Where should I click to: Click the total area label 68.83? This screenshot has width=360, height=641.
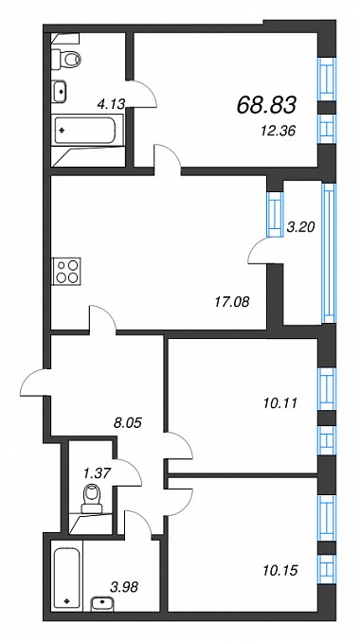pos(266,106)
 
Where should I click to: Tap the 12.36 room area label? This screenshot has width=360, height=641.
pos(279,132)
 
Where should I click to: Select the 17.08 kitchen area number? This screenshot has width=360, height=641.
pos(232,302)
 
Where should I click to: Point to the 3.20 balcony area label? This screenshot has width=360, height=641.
pos(300,227)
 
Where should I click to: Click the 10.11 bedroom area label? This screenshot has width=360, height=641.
pos(279,404)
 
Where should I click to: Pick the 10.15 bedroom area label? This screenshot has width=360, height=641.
pos(279,569)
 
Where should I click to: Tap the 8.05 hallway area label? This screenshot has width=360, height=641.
pos(127,422)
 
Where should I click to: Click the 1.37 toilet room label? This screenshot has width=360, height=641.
pos(97,473)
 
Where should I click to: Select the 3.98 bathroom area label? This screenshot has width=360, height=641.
pos(124,587)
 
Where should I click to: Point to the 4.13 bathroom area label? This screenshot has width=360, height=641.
pos(111,105)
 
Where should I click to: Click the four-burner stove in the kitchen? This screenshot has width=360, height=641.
pos(66,271)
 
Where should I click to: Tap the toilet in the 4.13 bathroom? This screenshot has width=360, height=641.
pos(66,59)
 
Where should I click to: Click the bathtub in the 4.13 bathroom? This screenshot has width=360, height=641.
pos(88,130)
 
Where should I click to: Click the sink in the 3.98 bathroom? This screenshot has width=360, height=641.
pos(100,603)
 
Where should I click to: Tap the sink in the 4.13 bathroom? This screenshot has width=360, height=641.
pos(60,91)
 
